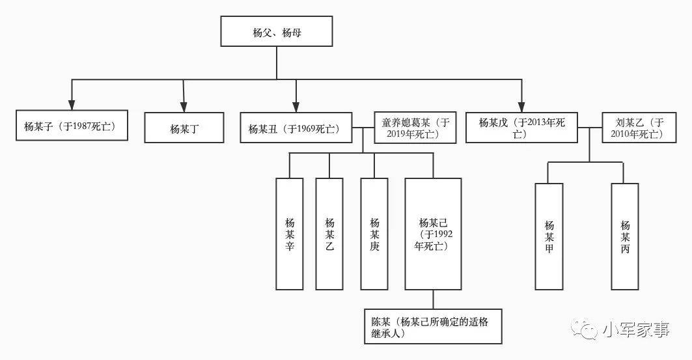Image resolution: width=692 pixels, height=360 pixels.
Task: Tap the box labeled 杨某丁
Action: (184, 128)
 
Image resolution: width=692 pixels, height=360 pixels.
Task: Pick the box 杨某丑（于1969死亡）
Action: (296, 128)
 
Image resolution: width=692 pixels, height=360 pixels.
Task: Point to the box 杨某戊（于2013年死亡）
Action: (521, 128)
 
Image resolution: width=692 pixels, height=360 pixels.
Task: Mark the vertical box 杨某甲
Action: (549, 236)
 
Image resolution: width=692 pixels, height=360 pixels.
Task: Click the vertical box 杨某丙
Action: (625, 236)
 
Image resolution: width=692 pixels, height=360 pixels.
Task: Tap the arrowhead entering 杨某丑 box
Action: (296, 106)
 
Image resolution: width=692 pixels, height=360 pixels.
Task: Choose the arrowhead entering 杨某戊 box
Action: (521, 106)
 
